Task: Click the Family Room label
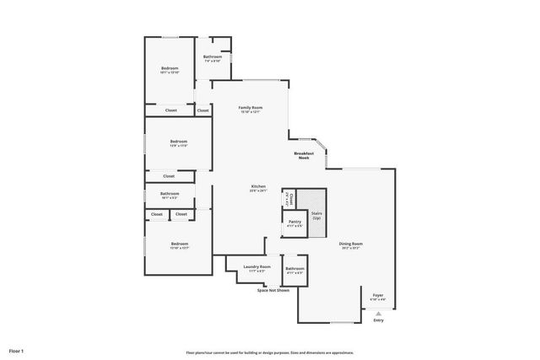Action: pos(250,108)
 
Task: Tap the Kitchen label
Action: pos(258,186)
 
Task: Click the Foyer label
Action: pos(378,295)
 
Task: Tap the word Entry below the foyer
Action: pos(378,320)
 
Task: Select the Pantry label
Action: pos(294,222)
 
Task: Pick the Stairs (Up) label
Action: pos(316,216)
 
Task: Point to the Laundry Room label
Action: pos(256,267)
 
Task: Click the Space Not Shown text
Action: pos(273,290)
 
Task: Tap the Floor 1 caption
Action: pos(17,350)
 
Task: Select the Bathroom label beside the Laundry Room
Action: pos(294,269)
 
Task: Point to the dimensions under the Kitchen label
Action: pos(258,191)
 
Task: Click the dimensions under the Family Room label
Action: pos(250,112)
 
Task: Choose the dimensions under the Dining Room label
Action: pos(350,249)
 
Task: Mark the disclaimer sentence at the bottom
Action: pos(270,352)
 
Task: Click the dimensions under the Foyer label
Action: pos(378,299)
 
